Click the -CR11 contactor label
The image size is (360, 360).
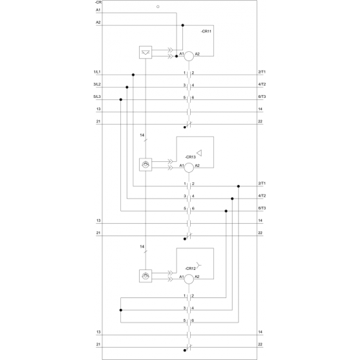[206, 31]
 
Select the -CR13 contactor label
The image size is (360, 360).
[190, 157]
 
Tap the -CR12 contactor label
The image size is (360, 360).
[190, 269]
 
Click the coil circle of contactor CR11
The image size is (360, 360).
[189, 56]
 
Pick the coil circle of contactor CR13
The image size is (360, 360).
[189, 168]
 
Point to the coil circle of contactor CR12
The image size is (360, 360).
[189, 279]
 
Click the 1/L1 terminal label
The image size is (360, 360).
[97, 72]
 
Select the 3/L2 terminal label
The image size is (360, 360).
[97, 84]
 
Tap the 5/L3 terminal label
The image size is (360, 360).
[97, 96]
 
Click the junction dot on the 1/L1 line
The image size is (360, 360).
[133, 75]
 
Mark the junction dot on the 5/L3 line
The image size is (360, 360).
[121, 99]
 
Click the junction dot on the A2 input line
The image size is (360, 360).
[183, 25]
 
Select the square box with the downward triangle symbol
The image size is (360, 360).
[145, 53]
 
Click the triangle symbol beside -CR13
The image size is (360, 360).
[199, 153]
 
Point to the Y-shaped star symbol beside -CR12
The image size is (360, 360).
[199, 265]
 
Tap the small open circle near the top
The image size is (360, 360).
[158, 6]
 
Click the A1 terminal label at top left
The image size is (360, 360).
[98, 10]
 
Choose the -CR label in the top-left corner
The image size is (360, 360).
[98, 2]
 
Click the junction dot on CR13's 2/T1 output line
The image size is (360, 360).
[238, 186]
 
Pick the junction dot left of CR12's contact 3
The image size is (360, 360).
[121, 310]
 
